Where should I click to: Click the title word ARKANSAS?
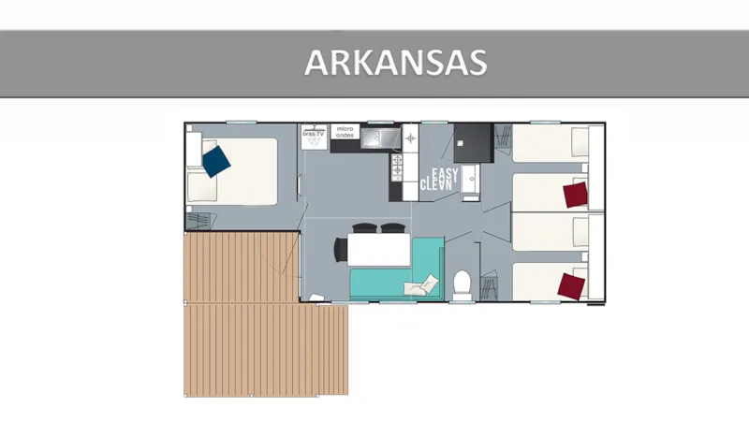[x=395, y=63]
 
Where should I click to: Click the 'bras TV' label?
[x=313, y=133]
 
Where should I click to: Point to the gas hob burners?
[x=397, y=167]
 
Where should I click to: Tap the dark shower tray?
[x=473, y=142]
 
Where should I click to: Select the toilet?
[x=461, y=283]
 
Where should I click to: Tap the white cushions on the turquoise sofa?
[x=422, y=281]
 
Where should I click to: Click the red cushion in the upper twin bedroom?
[x=575, y=195]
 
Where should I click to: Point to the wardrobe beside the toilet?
[x=488, y=284]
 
